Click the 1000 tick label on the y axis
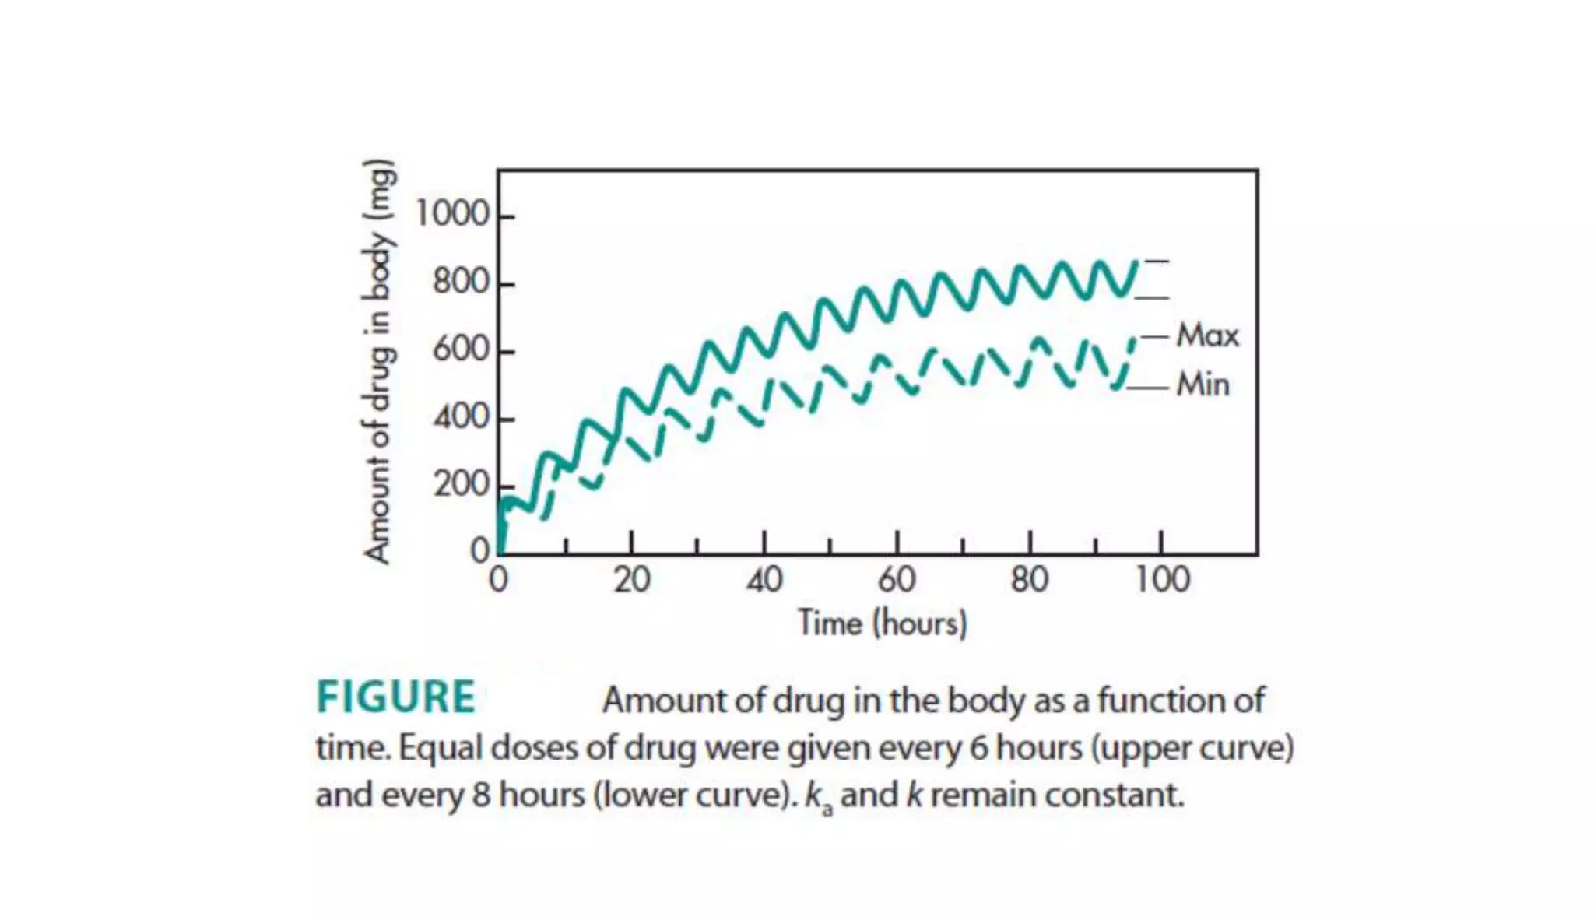pyautogui.click(x=452, y=214)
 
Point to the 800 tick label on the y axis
pyautogui.click(x=462, y=282)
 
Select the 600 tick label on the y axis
pyautogui.click(x=462, y=350)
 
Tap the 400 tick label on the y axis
pyautogui.click(x=462, y=418)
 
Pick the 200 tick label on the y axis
pyautogui.click(x=462, y=485)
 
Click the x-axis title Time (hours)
pyautogui.click(x=882, y=623)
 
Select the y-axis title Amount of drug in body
pyautogui.click(x=379, y=360)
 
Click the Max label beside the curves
pyautogui.click(x=1207, y=335)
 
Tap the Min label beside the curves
pyautogui.click(x=1203, y=385)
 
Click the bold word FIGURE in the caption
pyautogui.click(x=395, y=697)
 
